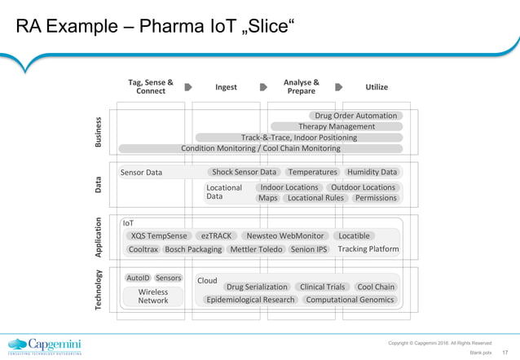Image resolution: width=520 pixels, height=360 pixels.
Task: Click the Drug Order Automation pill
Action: pos(355,116)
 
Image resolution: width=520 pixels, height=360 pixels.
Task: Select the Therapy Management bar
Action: pos(336,126)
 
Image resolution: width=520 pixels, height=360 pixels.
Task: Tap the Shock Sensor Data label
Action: pos(245,172)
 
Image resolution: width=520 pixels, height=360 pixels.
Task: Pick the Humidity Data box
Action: pos(372,172)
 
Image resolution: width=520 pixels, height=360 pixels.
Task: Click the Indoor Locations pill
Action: pos(289,187)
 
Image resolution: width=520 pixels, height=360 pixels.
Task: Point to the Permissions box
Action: pos(376,198)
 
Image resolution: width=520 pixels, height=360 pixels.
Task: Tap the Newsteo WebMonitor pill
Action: pos(285,235)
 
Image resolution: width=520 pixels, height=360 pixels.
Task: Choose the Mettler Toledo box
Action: pos(256,249)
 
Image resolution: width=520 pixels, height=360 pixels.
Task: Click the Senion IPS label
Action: pos(309,249)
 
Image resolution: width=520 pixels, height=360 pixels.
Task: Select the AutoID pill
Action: pos(138,278)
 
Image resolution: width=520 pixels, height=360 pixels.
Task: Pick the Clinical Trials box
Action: pos(323,287)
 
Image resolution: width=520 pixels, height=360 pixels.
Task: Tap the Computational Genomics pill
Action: pos(350,300)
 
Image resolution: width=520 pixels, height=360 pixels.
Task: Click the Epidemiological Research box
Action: pos(250,300)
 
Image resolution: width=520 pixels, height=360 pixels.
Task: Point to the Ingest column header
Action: pos(226,87)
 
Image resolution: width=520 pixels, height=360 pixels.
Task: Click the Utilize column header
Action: pos(376,87)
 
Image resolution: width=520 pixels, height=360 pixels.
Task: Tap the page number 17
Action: pos(505,353)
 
